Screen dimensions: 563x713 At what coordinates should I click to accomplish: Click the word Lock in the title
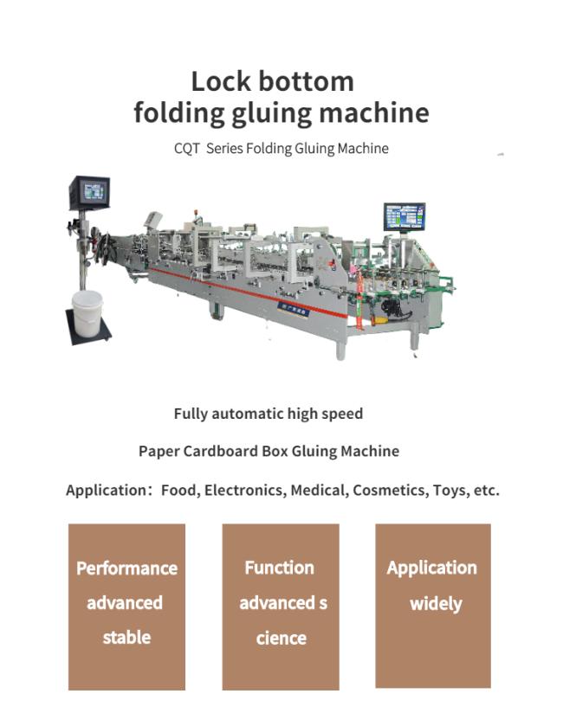pos(221,81)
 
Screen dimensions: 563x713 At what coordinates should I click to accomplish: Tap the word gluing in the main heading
pos(272,113)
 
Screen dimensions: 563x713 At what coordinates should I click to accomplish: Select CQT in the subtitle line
pos(186,149)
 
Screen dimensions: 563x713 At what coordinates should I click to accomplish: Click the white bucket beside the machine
pos(87,313)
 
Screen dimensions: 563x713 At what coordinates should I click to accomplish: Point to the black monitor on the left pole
pos(90,192)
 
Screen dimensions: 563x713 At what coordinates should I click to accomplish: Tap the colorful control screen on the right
pos(404,217)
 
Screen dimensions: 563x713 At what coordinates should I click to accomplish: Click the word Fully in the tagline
pos(191,414)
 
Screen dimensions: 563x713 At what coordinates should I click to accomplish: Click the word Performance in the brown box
pos(127,568)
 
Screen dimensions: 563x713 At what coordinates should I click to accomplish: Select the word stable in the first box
pos(126,638)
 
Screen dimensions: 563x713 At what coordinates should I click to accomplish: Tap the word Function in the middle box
pos(280,568)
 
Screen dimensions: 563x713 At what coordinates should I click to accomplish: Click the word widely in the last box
pos(436,604)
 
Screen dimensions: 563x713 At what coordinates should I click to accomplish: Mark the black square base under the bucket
pos(88,327)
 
